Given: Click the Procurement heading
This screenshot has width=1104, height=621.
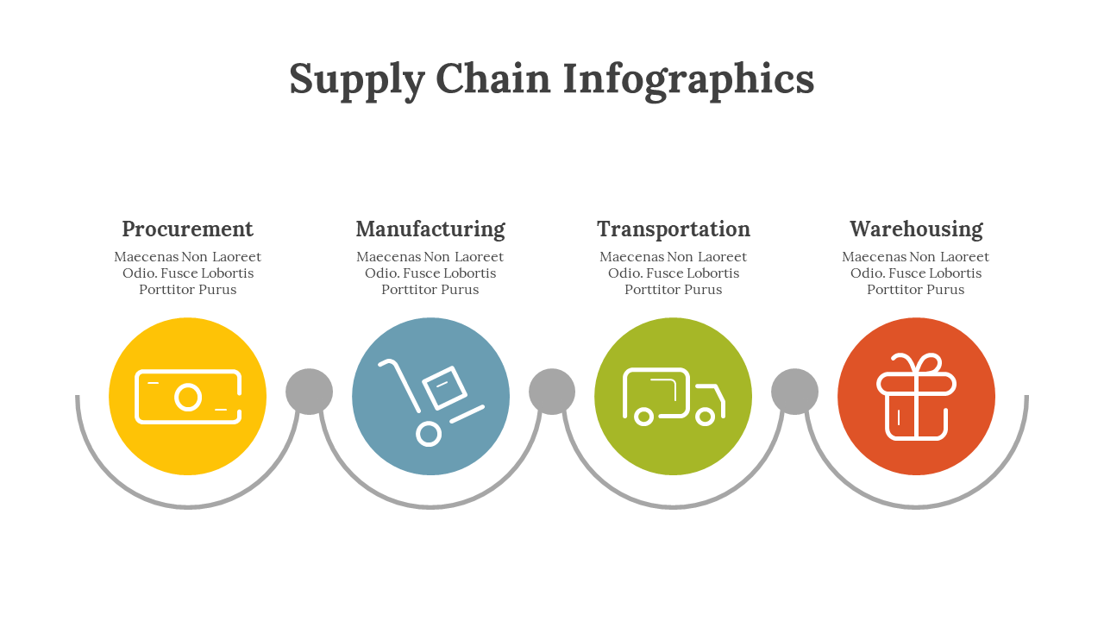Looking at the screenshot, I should click(187, 229).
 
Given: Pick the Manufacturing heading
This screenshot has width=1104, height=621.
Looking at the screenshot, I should click(430, 229).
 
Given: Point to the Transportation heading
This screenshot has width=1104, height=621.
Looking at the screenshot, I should click(674, 229).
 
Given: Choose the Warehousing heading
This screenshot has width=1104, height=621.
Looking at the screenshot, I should click(916, 229).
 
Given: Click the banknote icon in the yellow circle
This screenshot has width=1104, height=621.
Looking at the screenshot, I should click(187, 397).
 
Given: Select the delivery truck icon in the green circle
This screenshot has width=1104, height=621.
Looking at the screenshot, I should click(674, 397).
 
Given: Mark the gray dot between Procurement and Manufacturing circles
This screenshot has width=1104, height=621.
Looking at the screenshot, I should click(309, 392).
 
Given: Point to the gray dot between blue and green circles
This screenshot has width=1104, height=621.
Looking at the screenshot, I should click(552, 392).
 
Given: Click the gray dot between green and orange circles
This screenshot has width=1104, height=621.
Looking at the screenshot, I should click(794, 392).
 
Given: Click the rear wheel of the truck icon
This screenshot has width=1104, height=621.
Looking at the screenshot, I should click(643, 417).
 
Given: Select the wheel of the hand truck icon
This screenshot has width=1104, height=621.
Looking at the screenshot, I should click(429, 434).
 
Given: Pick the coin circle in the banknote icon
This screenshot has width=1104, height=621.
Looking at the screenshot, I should click(188, 398).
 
